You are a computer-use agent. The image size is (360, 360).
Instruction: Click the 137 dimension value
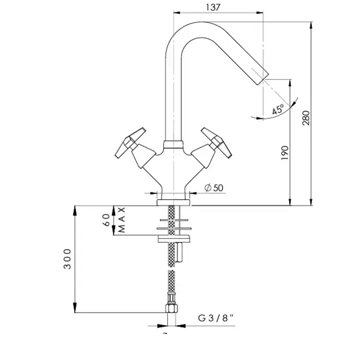tap(213, 7)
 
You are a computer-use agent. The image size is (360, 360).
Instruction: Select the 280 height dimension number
tap(306, 118)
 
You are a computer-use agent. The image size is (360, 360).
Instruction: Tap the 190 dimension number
tap(285, 153)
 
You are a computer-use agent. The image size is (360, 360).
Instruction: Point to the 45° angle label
tap(278, 109)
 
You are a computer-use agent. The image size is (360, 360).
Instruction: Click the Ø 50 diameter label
tap(214, 188)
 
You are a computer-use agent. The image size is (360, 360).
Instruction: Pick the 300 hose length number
tap(67, 259)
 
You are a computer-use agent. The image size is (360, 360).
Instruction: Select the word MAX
tap(121, 220)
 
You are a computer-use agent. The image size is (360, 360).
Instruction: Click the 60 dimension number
tap(107, 220)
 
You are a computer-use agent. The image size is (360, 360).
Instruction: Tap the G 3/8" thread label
tap(216, 318)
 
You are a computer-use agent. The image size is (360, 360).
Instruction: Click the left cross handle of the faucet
tap(130, 143)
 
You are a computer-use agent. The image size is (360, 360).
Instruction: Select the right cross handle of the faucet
tap(217, 143)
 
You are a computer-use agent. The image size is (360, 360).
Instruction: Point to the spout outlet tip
tap(263, 79)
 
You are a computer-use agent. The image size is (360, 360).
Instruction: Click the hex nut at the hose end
tap(171, 309)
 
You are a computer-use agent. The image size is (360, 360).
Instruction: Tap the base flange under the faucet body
tap(173, 203)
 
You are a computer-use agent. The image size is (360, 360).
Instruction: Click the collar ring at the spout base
tap(174, 144)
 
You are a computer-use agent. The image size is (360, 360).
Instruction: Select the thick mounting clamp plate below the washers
tap(174, 239)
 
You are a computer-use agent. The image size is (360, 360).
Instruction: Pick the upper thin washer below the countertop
tap(174, 220)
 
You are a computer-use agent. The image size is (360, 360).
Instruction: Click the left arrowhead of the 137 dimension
tap(177, 13)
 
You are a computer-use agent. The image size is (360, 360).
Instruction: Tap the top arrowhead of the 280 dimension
tap(311, 25)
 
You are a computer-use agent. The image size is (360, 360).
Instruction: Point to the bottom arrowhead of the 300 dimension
tap(75, 309)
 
